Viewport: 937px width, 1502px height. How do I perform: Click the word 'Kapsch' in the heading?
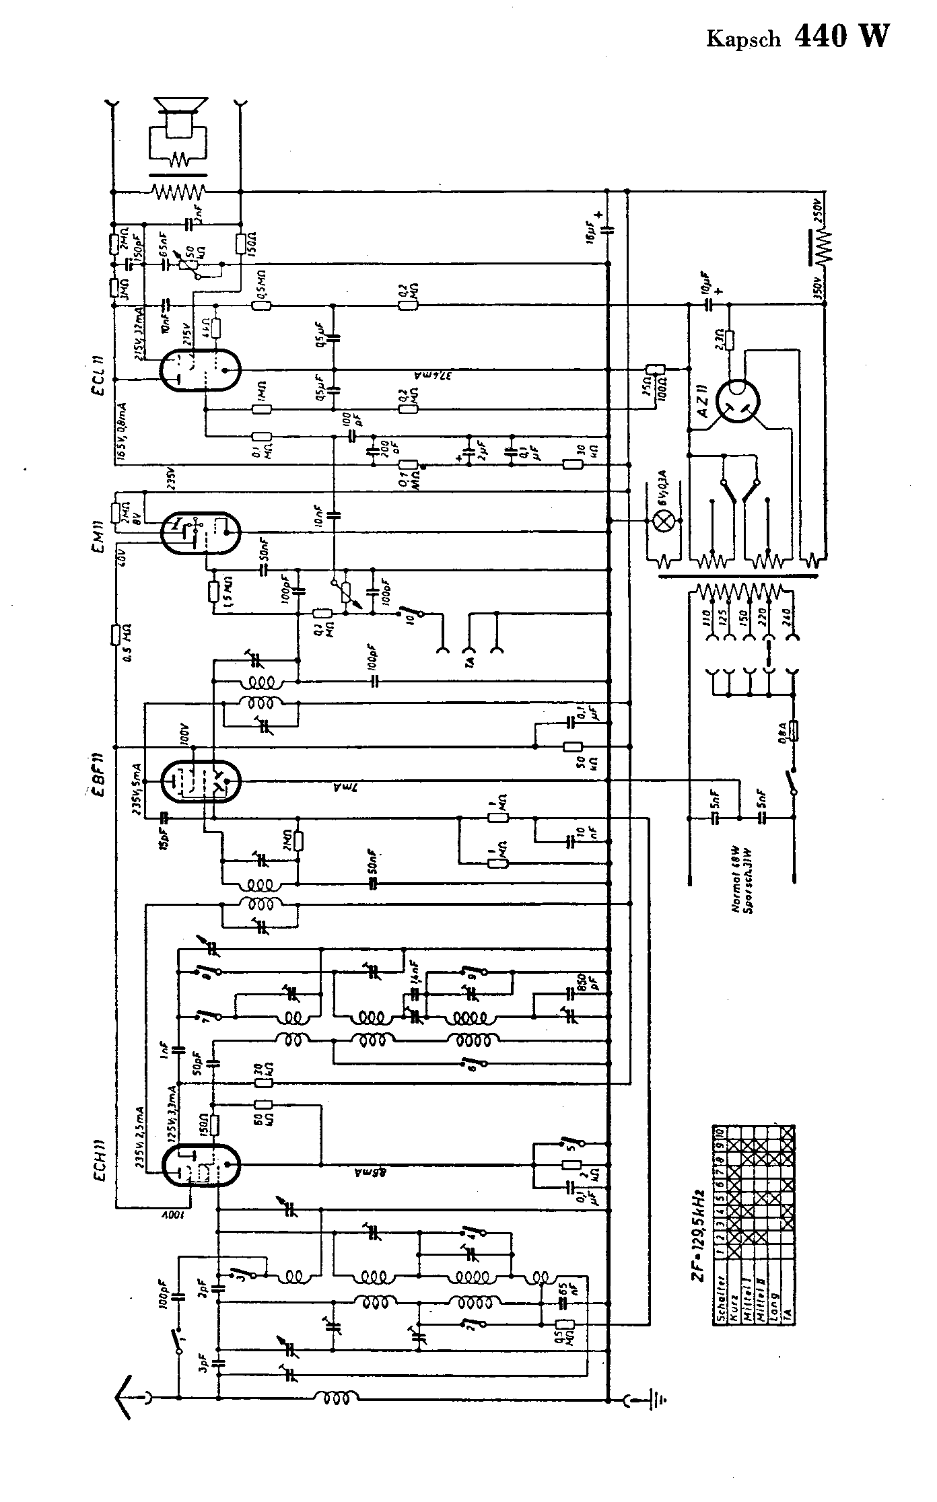[x=743, y=39]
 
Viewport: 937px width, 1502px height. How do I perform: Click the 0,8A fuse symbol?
[x=795, y=731]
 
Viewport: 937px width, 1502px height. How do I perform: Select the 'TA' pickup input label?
[x=471, y=661]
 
